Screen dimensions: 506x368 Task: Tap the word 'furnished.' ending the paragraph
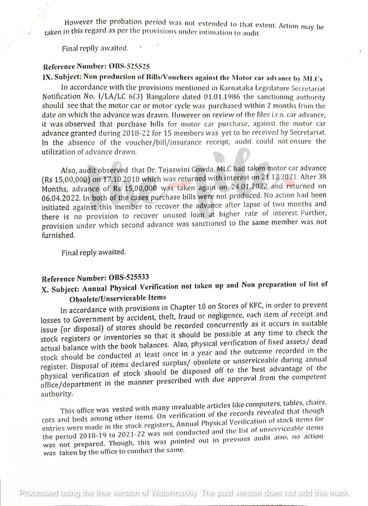[x=59, y=236]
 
